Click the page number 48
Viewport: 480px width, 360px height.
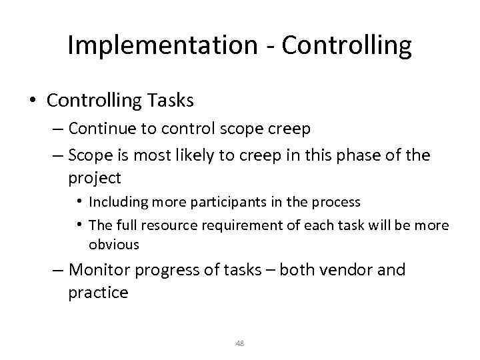pos(240,343)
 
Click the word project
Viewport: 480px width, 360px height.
pos(94,178)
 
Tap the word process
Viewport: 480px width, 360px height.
pos(337,201)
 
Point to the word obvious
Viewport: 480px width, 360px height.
pos(114,245)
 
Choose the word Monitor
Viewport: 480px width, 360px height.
pos(99,270)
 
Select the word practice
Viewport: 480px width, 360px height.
pos(98,293)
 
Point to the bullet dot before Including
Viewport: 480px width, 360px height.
pos(79,201)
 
